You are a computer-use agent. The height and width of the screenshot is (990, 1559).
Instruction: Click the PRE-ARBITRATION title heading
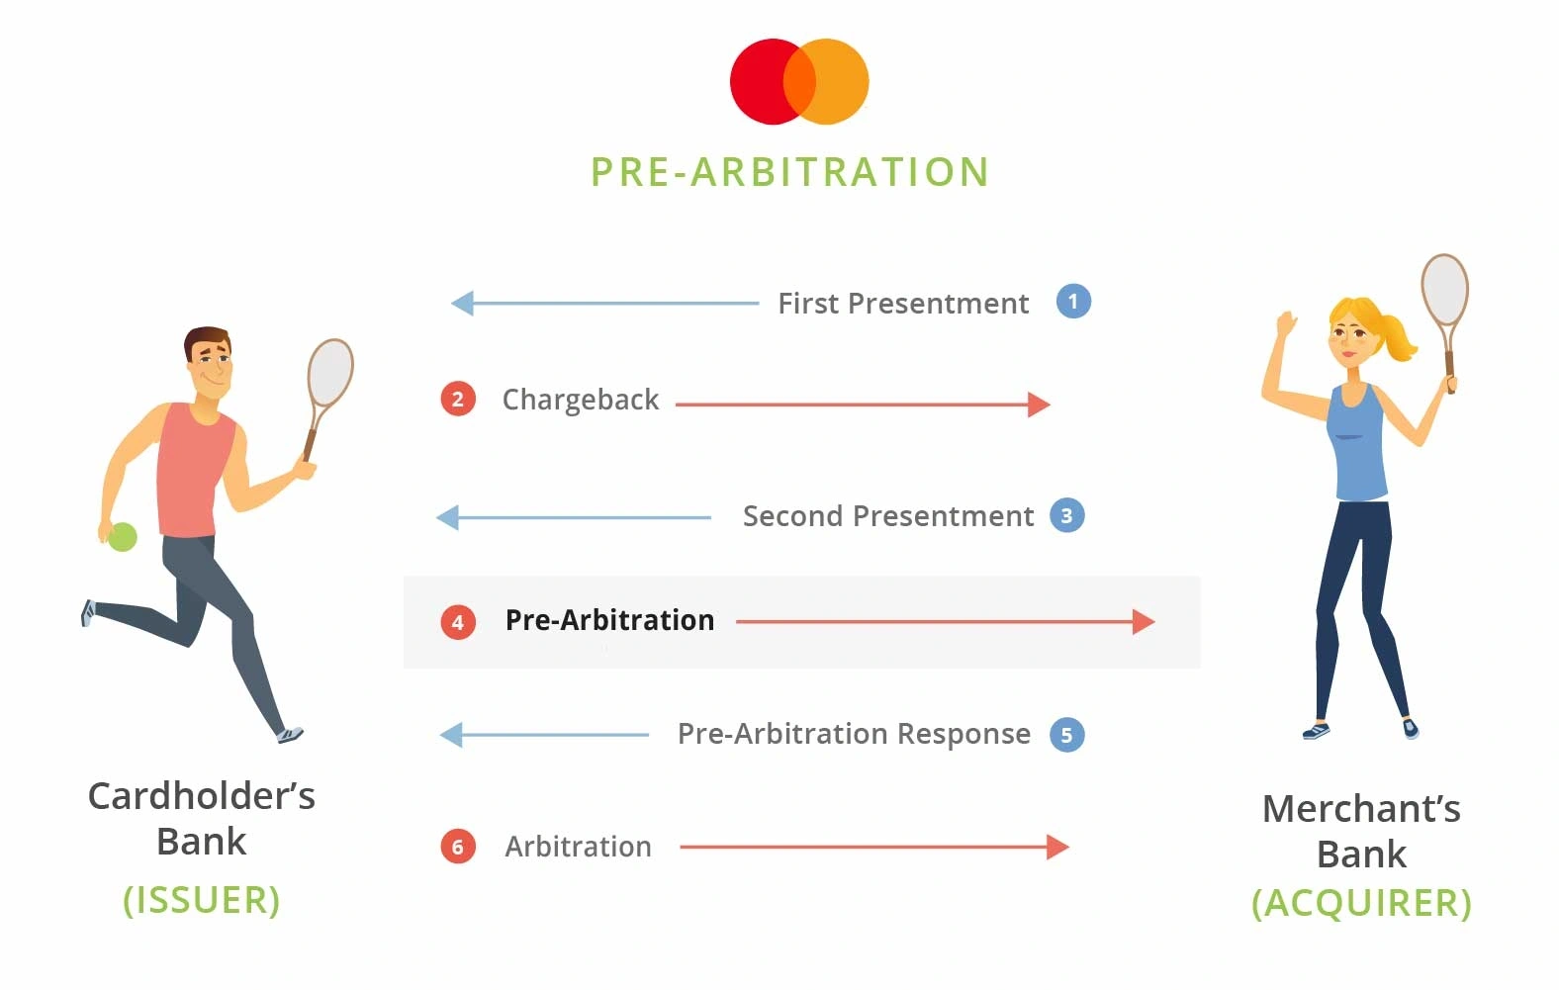pos(790,172)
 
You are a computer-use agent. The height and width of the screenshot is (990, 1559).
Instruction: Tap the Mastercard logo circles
pos(799,81)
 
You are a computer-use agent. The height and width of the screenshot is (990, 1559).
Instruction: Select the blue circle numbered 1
pos(1073,302)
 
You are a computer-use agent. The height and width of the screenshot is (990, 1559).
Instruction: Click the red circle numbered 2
pos(458,400)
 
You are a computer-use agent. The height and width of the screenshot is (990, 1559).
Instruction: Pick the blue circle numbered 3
pos(1067,515)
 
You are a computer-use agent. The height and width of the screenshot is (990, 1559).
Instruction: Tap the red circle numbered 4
pos(458,621)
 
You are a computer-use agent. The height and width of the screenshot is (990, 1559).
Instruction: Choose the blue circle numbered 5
pos(1067,735)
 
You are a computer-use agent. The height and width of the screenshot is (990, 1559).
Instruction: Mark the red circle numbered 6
pos(458,847)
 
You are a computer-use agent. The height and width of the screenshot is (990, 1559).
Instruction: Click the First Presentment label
pos(903,304)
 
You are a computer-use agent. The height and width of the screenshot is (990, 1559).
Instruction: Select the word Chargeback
pos(581,400)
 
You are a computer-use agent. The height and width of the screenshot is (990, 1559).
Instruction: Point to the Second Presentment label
pos(888,516)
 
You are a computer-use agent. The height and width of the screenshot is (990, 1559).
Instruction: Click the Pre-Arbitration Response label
pos(854,734)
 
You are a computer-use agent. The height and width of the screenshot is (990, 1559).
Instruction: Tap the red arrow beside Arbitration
pos(874,847)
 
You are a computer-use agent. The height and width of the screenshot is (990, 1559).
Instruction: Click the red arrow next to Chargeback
pos(863,405)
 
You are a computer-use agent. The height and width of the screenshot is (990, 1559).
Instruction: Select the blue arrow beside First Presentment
pos(604,304)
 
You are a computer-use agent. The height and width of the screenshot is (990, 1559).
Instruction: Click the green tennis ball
pos(123,536)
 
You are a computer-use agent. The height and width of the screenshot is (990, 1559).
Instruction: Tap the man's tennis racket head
pos(330,372)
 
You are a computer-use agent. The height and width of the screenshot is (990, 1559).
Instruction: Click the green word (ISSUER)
pos(202,900)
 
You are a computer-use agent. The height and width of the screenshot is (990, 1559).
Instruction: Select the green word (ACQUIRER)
pos(1361,903)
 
